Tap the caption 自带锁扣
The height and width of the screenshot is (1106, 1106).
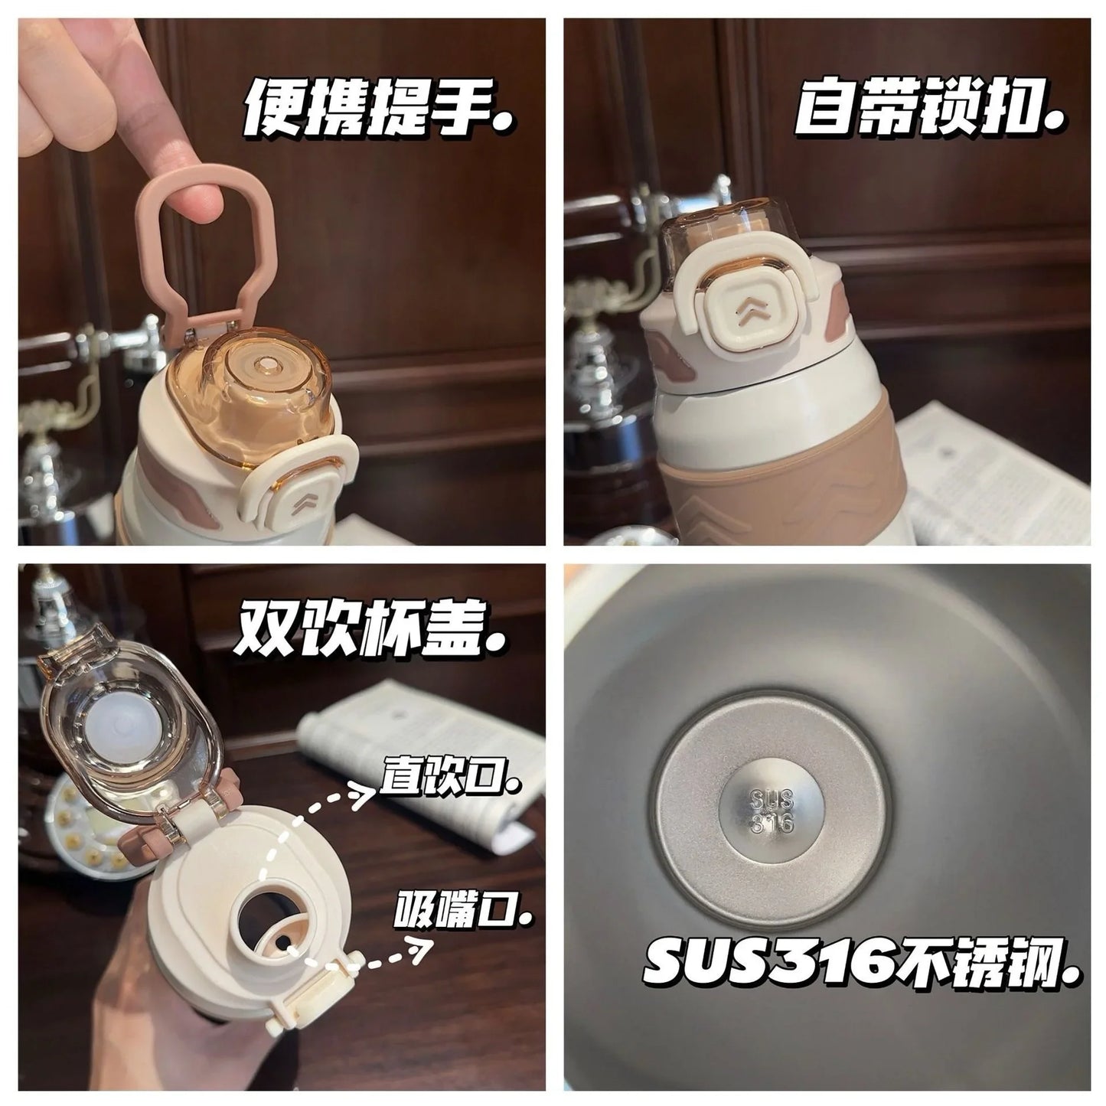929,116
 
